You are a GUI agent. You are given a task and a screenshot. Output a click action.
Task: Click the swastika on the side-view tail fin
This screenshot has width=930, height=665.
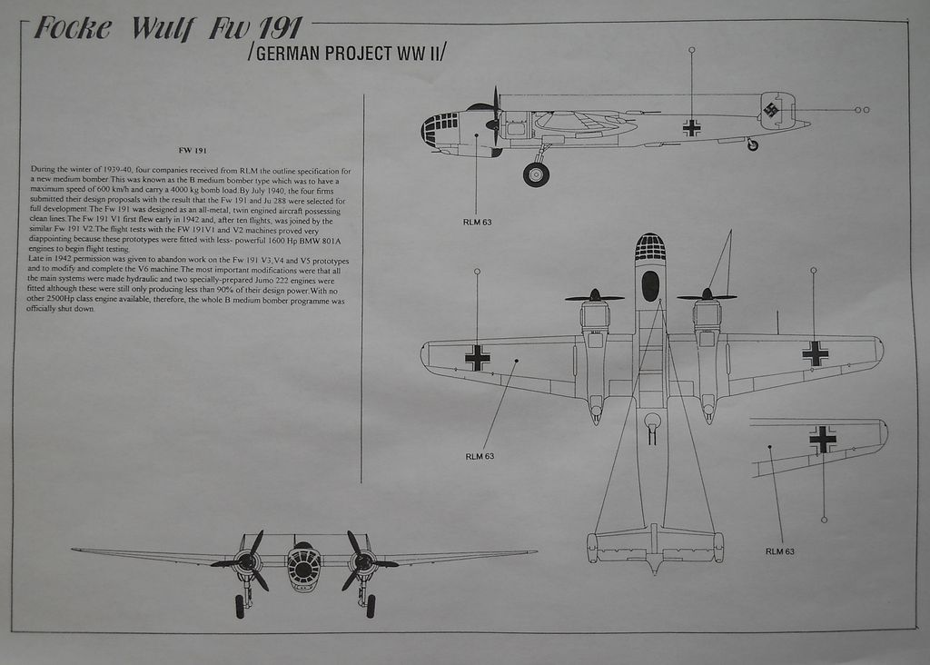click(772, 111)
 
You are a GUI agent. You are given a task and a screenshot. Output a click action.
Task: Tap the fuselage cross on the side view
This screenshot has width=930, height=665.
click(691, 128)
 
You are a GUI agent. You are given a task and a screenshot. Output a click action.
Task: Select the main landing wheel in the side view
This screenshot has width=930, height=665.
click(536, 174)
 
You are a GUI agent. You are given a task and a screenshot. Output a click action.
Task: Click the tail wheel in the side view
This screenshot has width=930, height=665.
click(752, 144)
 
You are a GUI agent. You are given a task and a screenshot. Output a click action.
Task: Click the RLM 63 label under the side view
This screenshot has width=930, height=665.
click(477, 222)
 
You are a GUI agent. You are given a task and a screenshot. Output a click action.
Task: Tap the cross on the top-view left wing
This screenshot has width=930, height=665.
click(477, 357)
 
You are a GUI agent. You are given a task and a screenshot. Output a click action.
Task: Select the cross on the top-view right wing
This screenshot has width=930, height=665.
click(815, 353)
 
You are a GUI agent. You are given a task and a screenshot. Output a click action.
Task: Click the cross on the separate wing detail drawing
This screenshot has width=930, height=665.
click(823, 440)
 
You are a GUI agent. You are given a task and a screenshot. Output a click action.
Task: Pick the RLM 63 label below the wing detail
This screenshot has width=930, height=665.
click(779, 551)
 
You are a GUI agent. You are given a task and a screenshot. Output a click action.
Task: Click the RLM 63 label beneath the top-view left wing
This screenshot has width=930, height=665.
click(480, 456)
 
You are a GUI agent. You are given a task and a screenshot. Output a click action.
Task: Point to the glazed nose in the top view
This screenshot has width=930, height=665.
click(649, 247)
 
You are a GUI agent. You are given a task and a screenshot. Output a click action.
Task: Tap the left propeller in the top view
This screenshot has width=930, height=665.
click(594, 296)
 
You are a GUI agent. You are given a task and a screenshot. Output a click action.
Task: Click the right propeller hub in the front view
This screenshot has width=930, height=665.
click(363, 562)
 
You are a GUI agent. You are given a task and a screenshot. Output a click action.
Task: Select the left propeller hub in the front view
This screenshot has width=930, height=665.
click(246, 562)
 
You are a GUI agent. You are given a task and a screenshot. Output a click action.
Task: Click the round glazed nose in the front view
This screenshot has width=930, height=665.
click(304, 568)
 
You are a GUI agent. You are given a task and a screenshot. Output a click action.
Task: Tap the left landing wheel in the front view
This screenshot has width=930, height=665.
click(240, 606)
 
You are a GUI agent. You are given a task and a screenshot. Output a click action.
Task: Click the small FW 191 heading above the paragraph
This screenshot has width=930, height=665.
click(193, 150)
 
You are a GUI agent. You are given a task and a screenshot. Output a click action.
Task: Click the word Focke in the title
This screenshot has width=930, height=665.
click(73, 29)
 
